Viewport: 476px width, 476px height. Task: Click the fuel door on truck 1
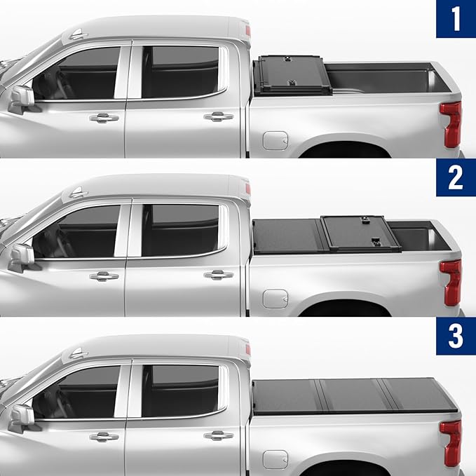tap(275, 140)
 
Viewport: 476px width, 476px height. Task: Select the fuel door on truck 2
tap(275, 299)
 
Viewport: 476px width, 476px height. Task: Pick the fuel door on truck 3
tap(275, 459)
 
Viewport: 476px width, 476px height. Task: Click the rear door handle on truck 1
tap(219, 116)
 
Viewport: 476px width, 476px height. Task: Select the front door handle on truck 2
tap(104, 276)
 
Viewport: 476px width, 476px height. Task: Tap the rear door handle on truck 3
tap(219, 435)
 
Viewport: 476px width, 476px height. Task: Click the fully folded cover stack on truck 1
tap(292, 76)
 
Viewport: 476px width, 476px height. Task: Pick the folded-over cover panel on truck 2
tap(360, 233)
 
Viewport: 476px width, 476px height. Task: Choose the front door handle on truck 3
tap(104, 436)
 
